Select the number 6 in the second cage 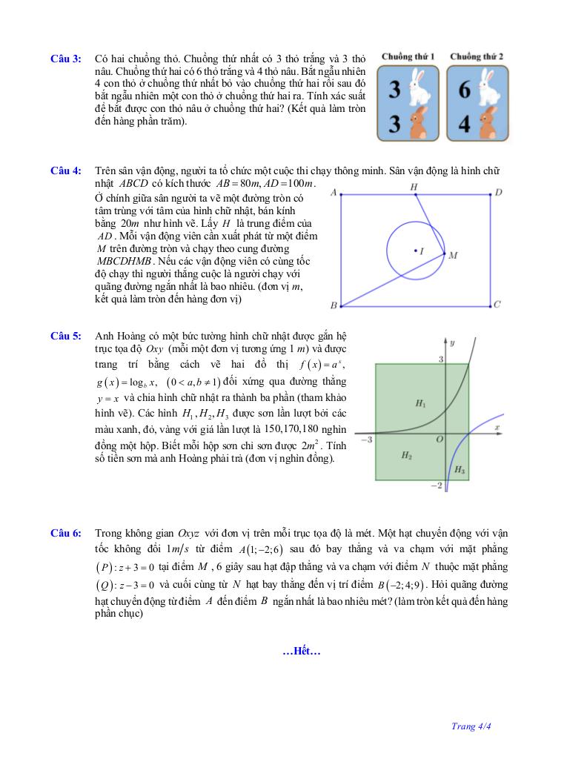pos(465,90)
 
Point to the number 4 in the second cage pos(465,123)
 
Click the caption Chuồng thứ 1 pos(408,56)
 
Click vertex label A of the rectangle pos(334,193)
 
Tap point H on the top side pos(414,188)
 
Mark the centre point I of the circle pos(415,251)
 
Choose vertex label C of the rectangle pos(497,304)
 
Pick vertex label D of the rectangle pos(498,193)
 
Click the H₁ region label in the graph pos(420,403)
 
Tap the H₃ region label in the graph pos(460,470)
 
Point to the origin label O pos(439,440)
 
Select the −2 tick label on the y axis pos(437,485)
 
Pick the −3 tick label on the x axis pos(365,440)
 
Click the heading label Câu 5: pos(65,336)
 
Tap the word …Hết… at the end pos(302,652)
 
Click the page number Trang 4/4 pos(471,726)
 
